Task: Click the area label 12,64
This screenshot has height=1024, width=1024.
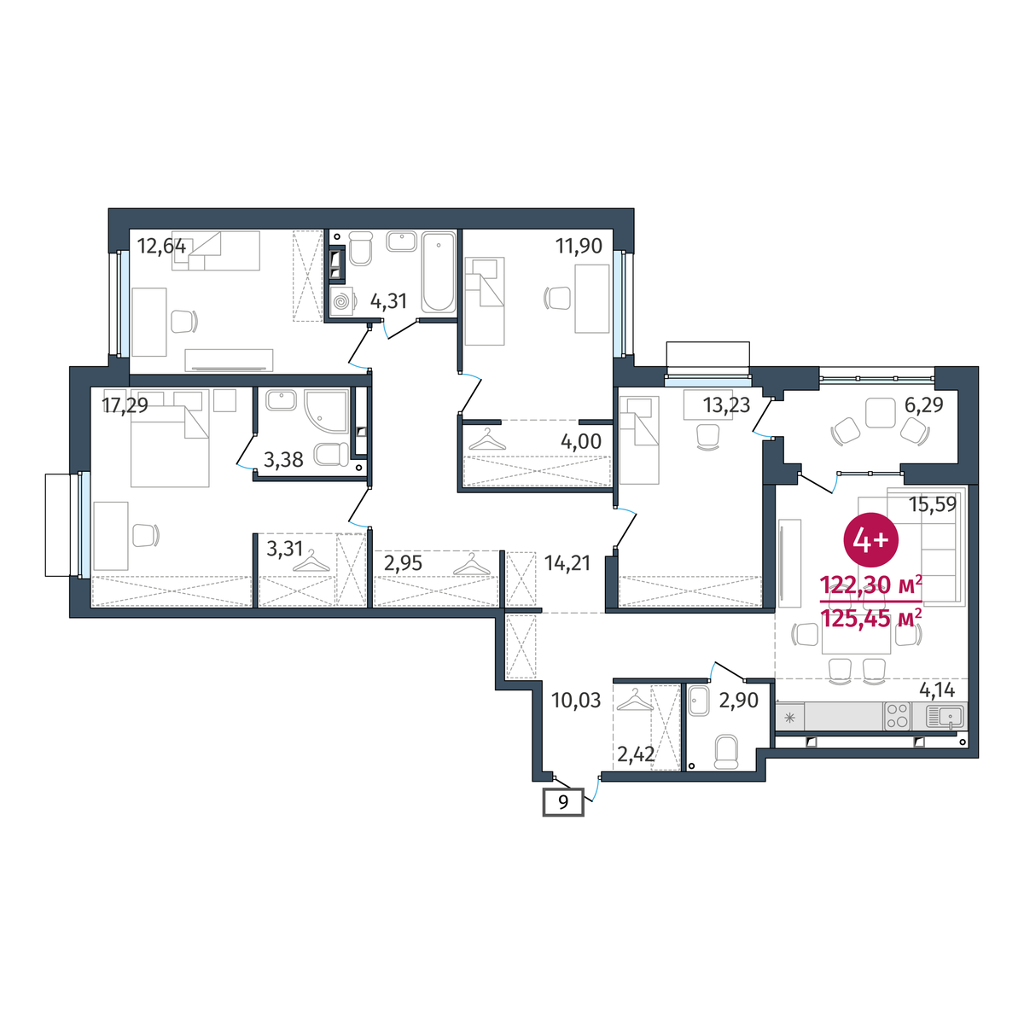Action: pos(161,247)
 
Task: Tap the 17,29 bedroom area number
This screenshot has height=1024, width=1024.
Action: pos(125,406)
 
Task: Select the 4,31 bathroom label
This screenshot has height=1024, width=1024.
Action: pos(388,301)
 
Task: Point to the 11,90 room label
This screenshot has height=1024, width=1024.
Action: pos(579,246)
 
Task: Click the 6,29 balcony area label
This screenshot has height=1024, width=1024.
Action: pos(923,405)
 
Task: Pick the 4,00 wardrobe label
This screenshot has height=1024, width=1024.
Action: pos(581,441)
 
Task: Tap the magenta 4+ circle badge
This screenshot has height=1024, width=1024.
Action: pos(871,540)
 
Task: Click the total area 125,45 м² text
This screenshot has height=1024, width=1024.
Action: pos(871,619)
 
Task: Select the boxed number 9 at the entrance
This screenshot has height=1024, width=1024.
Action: pos(563,802)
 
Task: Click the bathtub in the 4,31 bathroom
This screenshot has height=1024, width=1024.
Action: pos(439,271)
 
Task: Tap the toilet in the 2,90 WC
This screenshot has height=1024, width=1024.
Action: pos(726,752)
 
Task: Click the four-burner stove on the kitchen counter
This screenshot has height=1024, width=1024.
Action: pos(897,716)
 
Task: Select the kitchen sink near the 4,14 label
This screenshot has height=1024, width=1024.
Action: pos(945,716)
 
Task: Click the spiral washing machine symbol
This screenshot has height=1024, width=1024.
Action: pos(341,301)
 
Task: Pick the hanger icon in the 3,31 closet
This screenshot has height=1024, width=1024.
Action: pos(311,561)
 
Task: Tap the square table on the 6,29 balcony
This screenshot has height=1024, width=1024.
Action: pos(881,412)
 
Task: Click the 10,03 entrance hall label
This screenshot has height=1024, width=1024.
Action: pos(576,701)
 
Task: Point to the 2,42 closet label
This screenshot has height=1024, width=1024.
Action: pos(636,753)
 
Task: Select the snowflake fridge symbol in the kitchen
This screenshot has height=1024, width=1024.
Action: pos(789,718)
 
